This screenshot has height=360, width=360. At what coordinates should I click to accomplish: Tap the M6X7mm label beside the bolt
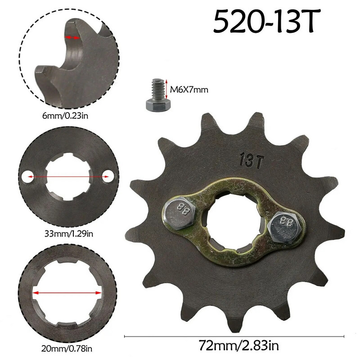189,90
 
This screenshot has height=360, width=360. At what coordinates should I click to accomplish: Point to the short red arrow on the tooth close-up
72,38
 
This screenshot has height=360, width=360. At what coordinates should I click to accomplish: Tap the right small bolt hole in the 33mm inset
108,177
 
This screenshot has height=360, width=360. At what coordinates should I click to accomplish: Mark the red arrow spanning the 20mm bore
67,292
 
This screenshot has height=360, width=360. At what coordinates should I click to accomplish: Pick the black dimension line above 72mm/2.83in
234,335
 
